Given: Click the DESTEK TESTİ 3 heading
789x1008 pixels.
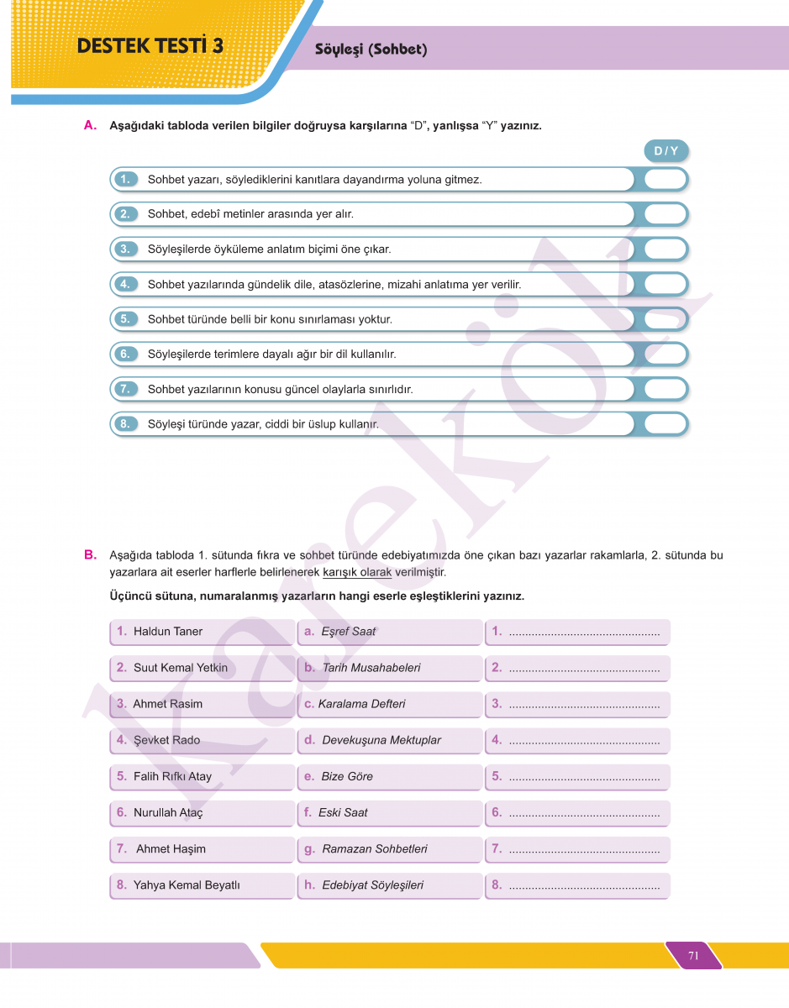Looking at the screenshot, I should [x=150, y=46].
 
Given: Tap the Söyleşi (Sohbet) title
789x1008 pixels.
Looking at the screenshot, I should [x=371, y=50].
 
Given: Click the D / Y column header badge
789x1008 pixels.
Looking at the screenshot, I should [x=665, y=151].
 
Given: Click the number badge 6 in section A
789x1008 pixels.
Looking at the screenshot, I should [x=124, y=354].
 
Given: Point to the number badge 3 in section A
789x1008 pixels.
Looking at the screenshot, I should [x=124, y=249].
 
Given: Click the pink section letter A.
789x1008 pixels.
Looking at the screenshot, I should [x=91, y=125].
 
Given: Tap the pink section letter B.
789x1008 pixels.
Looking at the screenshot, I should [x=91, y=554].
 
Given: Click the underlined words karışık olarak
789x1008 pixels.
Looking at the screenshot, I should [x=357, y=573].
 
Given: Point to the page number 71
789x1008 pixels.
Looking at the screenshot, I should [x=693, y=955].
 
